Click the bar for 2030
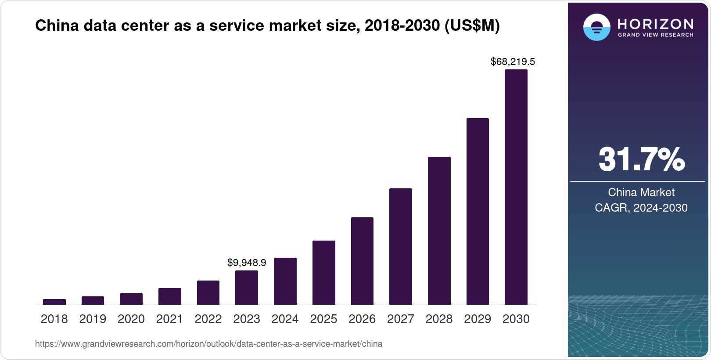click(516, 187)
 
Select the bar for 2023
click(247, 288)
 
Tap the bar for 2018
click(54, 302)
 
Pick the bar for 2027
click(400, 246)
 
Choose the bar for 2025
click(323, 272)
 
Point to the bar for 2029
click(478, 211)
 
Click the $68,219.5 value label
click(513, 62)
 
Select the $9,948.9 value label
click(247, 263)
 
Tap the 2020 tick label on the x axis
click(131, 319)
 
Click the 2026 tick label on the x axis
click(362, 319)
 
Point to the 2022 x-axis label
click(208, 319)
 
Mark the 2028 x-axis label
click(439, 319)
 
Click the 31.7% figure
click(641, 159)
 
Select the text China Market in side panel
click(641, 192)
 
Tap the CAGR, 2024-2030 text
click(641, 208)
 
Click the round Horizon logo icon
click(596, 27)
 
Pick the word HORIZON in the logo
click(655, 24)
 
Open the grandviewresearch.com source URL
click(208, 344)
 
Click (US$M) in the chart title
click(472, 26)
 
